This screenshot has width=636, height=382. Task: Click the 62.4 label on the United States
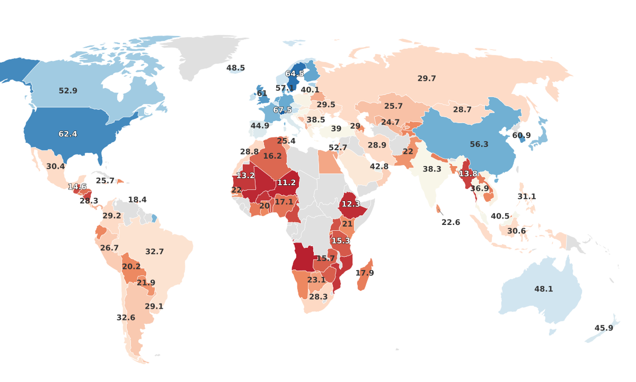click(x=68, y=134)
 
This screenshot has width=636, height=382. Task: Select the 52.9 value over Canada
click(x=68, y=91)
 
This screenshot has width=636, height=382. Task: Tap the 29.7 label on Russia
click(x=427, y=79)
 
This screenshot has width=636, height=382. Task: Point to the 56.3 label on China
click(x=479, y=144)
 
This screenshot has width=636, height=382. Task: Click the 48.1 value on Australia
click(x=543, y=289)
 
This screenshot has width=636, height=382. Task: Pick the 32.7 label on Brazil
click(x=154, y=252)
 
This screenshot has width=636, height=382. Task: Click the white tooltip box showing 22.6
click(x=450, y=222)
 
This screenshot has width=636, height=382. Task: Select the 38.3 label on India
click(x=432, y=169)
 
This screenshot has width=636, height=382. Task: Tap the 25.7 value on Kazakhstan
click(x=393, y=106)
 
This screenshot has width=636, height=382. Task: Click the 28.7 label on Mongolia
click(x=462, y=110)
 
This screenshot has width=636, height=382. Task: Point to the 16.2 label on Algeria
click(x=272, y=156)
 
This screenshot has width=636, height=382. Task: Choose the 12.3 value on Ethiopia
click(x=351, y=204)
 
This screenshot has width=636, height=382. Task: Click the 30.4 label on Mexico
click(x=55, y=167)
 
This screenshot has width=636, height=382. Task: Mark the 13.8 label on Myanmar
click(x=468, y=174)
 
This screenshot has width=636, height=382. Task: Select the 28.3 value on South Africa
click(x=318, y=297)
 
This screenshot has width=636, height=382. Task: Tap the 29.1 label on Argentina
click(x=154, y=307)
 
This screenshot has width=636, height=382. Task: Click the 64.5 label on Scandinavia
click(x=295, y=74)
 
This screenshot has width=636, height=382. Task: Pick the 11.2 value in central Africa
click(x=286, y=183)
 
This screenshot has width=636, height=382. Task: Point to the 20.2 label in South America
click(x=131, y=267)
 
